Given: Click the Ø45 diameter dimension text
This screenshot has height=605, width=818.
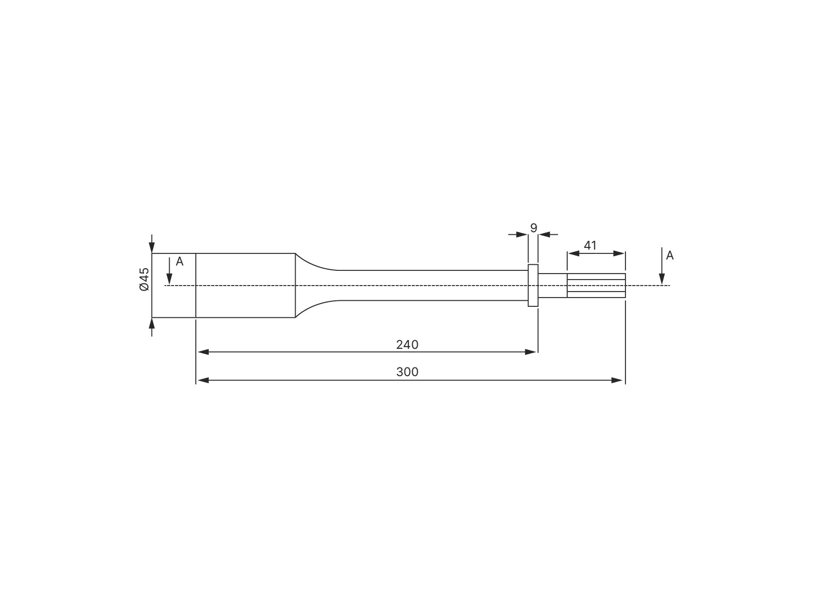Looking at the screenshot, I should (144, 279).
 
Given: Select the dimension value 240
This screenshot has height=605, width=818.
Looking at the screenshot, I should (407, 344).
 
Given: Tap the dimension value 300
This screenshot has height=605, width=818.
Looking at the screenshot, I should (407, 372).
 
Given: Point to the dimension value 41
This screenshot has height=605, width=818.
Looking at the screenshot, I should (590, 246).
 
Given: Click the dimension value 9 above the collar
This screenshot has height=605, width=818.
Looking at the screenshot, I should (533, 228).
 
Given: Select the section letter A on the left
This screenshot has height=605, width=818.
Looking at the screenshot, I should (180, 262).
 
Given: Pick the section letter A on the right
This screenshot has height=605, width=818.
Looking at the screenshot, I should (670, 256).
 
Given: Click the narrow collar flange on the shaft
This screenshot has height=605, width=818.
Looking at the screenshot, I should (533, 286).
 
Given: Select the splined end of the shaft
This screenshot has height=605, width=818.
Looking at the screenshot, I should (596, 286).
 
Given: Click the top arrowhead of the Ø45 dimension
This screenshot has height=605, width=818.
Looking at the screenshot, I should (152, 248).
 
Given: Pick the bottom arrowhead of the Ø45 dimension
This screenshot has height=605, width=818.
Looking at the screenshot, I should (152, 323).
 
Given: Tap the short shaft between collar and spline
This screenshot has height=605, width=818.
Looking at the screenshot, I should (552, 286).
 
